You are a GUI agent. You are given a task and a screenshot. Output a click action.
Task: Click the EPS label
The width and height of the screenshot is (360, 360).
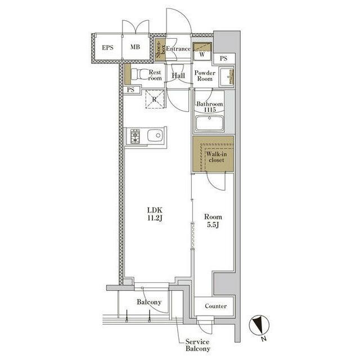107,48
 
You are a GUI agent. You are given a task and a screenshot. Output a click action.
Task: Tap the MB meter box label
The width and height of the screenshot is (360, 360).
135,47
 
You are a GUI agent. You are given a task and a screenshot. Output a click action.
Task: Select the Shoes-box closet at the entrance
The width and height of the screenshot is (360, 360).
160,50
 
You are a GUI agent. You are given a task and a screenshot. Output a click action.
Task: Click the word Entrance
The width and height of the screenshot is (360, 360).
178,49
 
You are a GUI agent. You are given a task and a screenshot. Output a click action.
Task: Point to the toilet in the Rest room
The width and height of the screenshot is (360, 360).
140,74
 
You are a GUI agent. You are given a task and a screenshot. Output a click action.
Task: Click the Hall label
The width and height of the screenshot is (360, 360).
178,75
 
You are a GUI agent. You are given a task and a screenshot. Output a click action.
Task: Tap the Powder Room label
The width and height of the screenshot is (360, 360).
205,76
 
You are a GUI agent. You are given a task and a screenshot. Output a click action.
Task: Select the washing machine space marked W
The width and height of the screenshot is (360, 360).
202,51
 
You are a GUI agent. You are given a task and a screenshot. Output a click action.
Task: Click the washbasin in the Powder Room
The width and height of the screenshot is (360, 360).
226,76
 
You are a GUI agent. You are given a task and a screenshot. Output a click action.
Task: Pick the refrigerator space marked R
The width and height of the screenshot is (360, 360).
155,99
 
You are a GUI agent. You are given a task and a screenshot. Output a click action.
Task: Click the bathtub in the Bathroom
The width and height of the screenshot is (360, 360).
209,123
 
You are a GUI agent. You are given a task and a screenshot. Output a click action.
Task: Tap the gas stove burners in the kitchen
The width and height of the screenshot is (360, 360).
135,136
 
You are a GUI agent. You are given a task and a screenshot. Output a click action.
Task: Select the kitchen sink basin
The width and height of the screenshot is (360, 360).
155,136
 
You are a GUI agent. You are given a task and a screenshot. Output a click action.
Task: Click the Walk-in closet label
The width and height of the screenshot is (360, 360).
216,157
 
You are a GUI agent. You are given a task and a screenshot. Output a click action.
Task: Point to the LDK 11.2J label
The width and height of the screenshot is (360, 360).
155,214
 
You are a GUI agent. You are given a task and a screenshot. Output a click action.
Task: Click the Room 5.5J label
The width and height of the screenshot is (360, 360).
213,220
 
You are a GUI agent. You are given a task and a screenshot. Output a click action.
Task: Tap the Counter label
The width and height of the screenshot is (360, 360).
215,306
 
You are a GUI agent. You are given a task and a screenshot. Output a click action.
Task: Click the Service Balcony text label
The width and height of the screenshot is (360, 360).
197,345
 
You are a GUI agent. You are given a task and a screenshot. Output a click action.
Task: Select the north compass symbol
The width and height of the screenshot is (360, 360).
259,325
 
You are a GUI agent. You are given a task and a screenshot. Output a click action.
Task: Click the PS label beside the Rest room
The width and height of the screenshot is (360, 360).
130,90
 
